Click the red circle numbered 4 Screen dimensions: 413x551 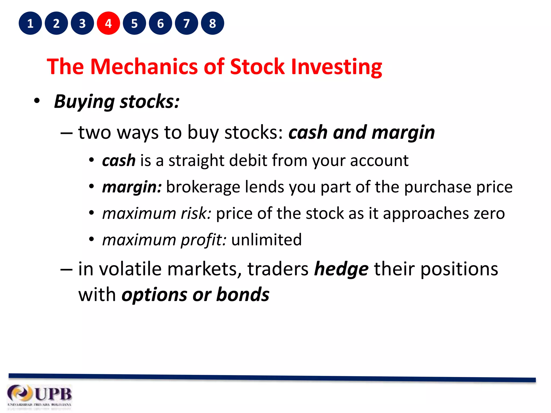[x=108, y=23]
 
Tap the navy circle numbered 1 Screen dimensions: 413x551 [x=30, y=23]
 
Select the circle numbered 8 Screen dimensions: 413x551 [x=212, y=23]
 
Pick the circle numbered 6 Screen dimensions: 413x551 [x=160, y=23]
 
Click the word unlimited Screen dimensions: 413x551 [x=266, y=240]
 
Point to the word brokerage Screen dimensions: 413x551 [x=203, y=187]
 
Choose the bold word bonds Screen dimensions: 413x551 [x=243, y=295]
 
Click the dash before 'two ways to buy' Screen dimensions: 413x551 [x=66, y=133]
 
